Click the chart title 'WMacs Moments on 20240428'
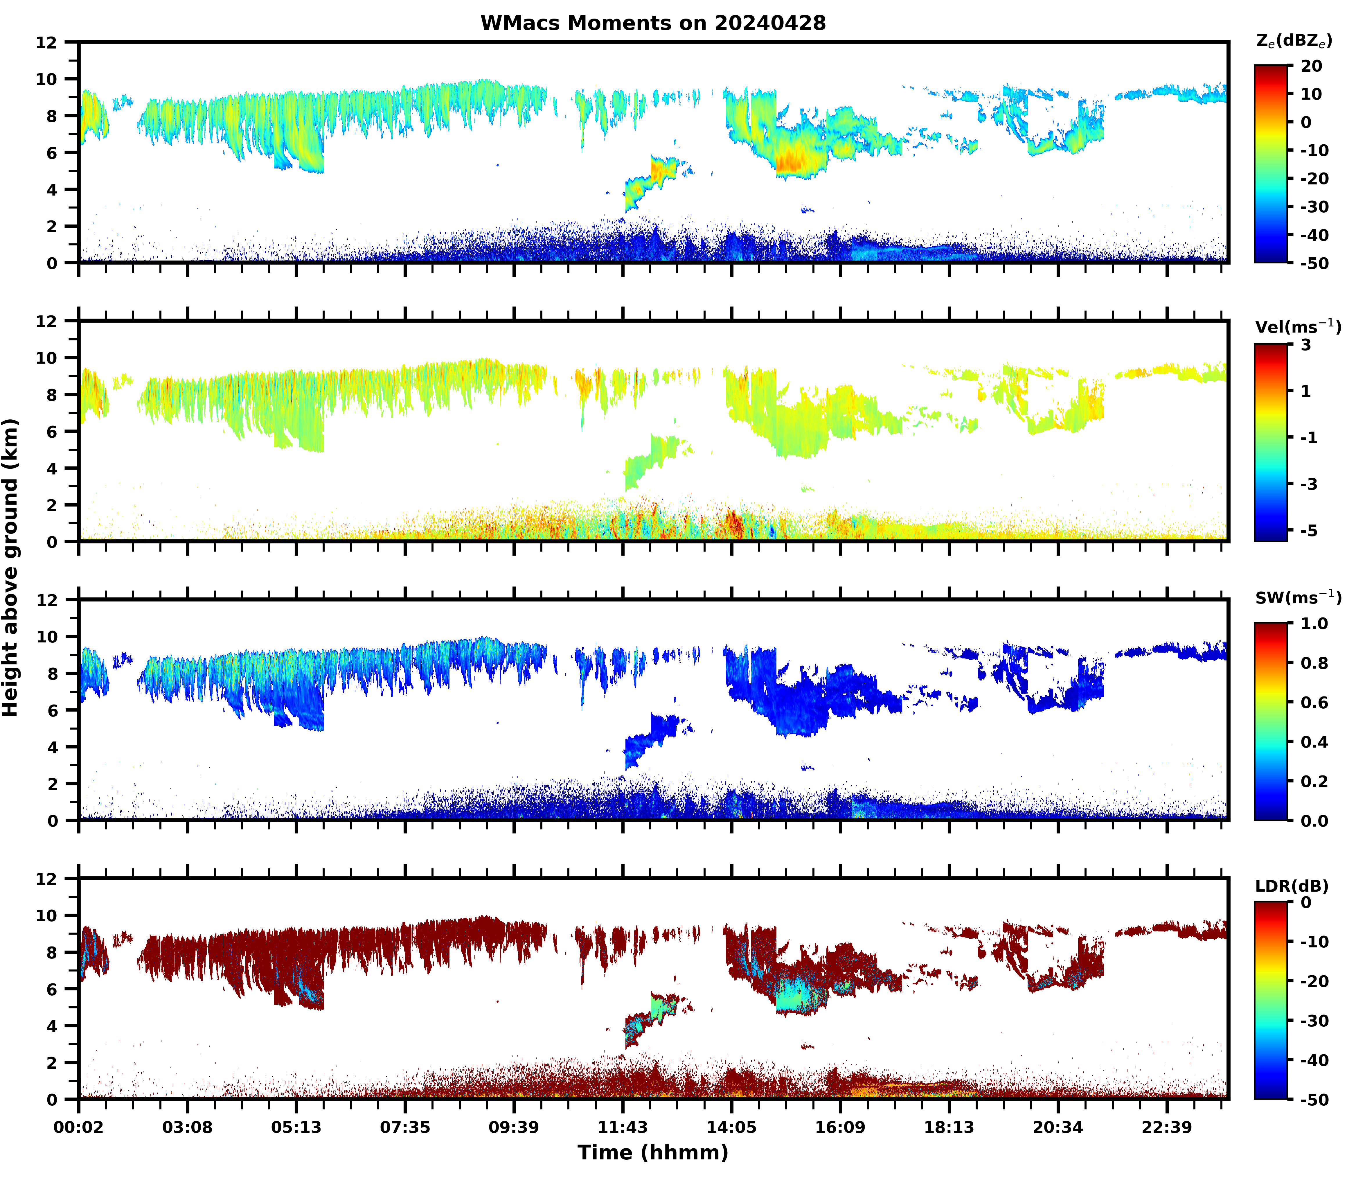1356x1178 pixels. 653,23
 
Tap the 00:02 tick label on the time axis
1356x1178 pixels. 79,1127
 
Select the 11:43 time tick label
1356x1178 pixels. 623,1127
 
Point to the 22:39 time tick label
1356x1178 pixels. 1167,1127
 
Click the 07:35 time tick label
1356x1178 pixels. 405,1127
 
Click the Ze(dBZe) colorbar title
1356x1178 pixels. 1294,41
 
